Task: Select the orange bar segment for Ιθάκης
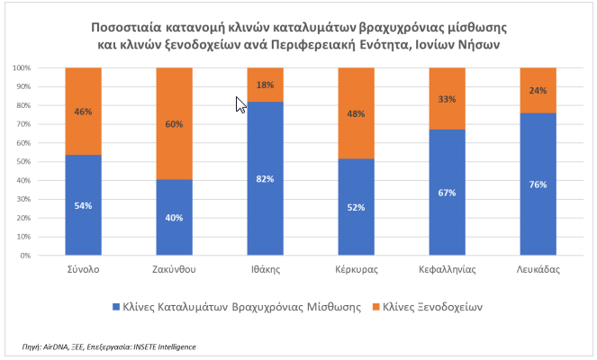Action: [265, 85]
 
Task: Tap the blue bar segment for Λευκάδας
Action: [537, 184]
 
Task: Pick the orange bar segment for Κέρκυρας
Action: [356, 113]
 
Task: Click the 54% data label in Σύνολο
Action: [83, 206]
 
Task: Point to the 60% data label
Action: [174, 124]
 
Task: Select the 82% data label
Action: [265, 179]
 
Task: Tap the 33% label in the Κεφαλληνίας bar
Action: [446, 99]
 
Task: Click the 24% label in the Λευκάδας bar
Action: [537, 90]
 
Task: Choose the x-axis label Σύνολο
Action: [83, 269]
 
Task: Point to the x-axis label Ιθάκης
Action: [265, 269]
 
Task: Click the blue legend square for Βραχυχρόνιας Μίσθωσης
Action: [114, 306]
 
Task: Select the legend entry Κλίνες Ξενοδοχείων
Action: [433, 306]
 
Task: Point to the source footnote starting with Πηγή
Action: [108, 346]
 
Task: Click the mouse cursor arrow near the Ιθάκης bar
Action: [239, 103]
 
